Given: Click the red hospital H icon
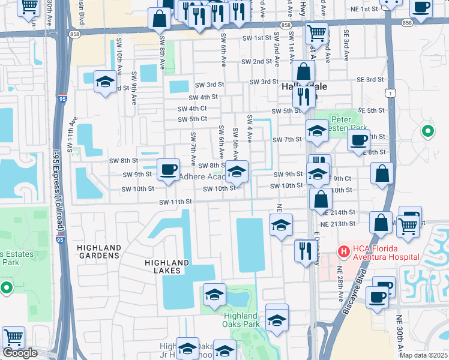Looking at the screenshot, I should [345, 250].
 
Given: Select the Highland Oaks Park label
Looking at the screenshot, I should [241, 320].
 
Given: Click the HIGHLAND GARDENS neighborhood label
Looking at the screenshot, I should [98, 251].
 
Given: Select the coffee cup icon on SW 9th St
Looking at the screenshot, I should [168, 169].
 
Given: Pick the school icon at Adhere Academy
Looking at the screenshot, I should [237, 173].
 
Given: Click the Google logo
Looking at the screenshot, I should [19, 353].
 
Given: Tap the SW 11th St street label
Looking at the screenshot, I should [175, 202].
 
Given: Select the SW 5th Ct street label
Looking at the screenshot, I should [193, 119].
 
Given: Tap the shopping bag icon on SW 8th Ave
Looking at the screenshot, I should [160, 19].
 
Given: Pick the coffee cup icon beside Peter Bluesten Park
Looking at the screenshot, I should [358, 140].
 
